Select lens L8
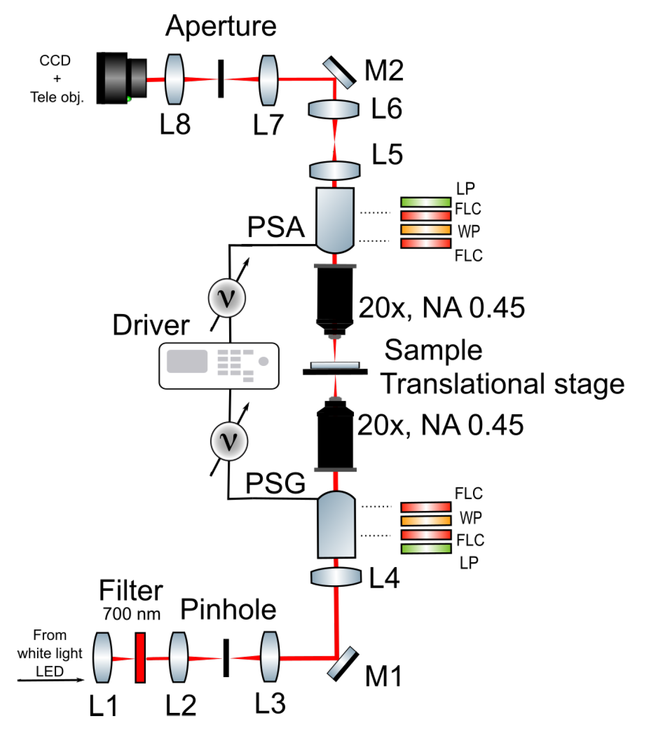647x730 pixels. pyautogui.click(x=174, y=79)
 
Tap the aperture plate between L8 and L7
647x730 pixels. pyautogui.click(x=221, y=78)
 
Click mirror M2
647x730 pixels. pyautogui.click(x=340, y=72)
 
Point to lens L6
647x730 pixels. pyautogui.click(x=334, y=109)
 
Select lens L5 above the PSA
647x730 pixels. pyautogui.click(x=335, y=170)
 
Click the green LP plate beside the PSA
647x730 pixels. pyautogui.click(x=426, y=202)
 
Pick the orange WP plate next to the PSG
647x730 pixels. pyautogui.click(x=426, y=520)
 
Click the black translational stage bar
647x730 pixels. pyautogui.click(x=335, y=371)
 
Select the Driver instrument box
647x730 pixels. pyautogui.click(x=219, y=365)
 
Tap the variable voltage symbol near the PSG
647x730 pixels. pyautogui.click(x=229, y=441)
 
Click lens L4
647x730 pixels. pyautogui.click(x=336, y=577)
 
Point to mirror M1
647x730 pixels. pyautogui.click(x=343, y=664)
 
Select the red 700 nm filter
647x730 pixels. pyautogui.click(x=140, y=658)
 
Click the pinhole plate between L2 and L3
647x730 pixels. pyautogui.click(x=226, y=658)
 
